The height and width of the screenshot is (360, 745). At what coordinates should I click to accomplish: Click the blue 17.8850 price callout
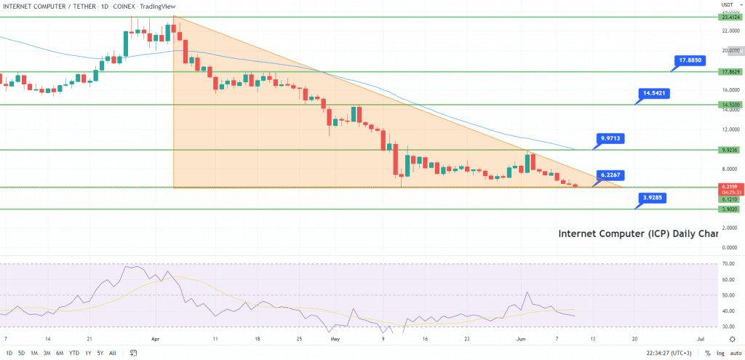click(690, 60)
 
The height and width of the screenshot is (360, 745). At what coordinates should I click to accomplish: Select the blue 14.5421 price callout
click(655, 93)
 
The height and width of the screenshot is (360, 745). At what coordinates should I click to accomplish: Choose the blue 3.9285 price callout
click(655, 197)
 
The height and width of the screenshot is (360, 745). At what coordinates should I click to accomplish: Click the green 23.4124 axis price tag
click(729, 17)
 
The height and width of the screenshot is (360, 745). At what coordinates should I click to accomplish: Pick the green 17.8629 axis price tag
click(729, 72)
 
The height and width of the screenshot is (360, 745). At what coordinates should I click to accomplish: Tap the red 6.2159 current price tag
click(729, 187)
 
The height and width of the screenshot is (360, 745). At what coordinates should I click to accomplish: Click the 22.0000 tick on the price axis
click(729, 31)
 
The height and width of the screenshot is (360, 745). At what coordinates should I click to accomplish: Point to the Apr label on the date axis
click(154, 339)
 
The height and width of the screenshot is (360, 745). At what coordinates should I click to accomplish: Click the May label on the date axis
click(335, 339)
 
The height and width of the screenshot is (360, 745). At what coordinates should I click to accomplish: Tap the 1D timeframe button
click(8, 353)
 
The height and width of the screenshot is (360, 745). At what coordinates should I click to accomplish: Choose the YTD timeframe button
click(73, 353)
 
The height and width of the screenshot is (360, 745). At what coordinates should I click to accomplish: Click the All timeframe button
click(112, 353)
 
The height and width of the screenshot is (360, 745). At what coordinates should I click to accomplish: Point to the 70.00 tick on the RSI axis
click(726, 263)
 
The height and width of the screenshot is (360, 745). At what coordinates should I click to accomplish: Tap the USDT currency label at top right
click(727, 5)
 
